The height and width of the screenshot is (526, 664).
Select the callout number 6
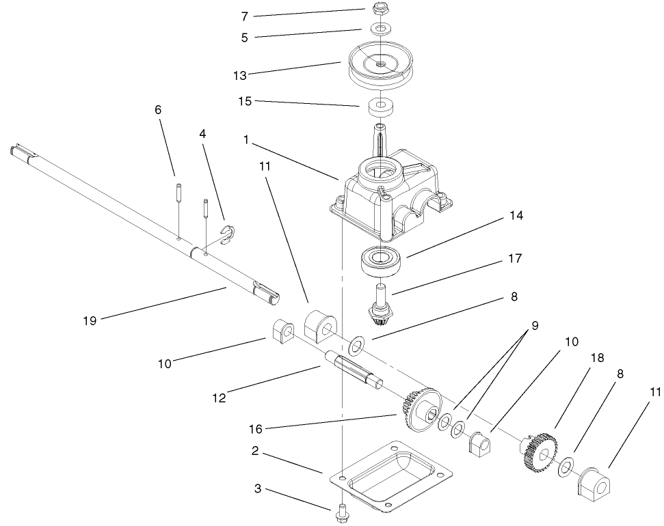coord(158,110)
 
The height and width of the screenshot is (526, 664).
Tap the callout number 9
coord(535,326)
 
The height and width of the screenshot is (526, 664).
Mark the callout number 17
coord(515,259)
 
